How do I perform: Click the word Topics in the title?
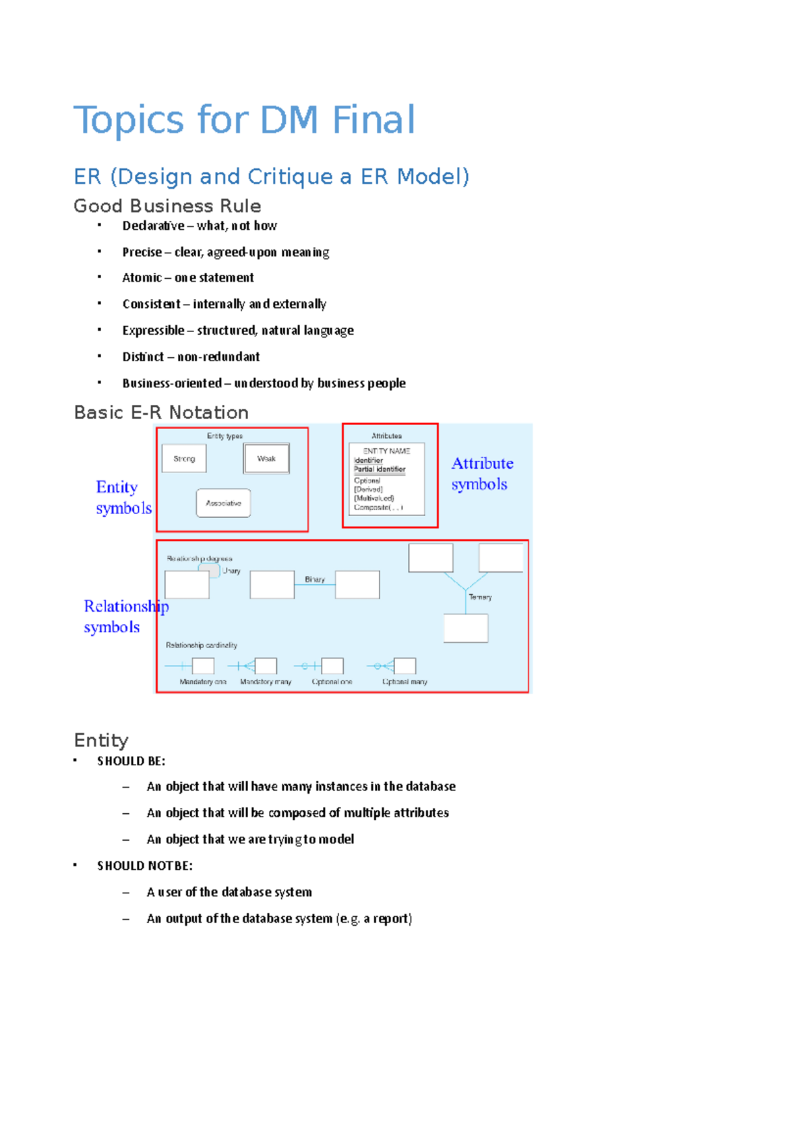(x=128, y=120)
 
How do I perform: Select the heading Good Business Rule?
(x=167, y=205)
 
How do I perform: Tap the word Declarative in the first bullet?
(x=153, y=226)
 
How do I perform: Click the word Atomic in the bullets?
(x=142, y=278)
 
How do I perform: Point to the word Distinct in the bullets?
(x=143, y=357)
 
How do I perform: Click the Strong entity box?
(x=184, y=459)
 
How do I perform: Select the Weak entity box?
(x=266, y=459)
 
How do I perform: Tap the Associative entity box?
(x=223, y=503)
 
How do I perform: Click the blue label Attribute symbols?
(x=481, y=474)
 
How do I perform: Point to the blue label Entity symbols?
(x=123, y=497)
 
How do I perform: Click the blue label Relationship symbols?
(x=125, y=616)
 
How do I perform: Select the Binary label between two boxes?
(x=315, y=579)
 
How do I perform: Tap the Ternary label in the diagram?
(x=480, y=597)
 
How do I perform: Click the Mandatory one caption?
(x=203, y=682)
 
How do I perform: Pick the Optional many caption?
(x=404, y=682)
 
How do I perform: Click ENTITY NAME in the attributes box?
(x=386, y=451)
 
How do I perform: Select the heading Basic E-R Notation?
(x=161, y=412)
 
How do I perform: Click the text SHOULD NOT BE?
(x=145, y=866)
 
